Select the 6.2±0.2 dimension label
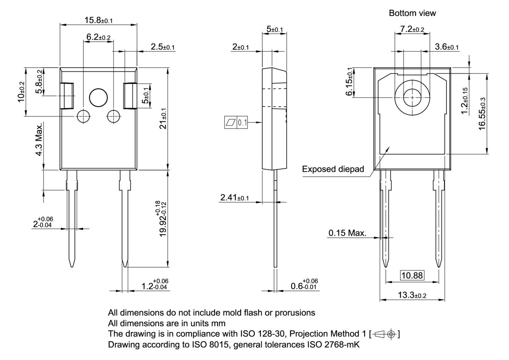pyautogui.click(x=98, y=37)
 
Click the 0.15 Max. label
pyautogui.click(x=347, y=233)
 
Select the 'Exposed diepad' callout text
pyautogui.click(x=333, y=169)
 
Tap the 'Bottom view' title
pyautogui.click(x=412, y=13)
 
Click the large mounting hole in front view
pyautogui.click(x=99, y=97)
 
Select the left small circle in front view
pyautogui.click(x=84, y=116)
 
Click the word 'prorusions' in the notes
pyautogui.click(x=297, y=313)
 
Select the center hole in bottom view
pyautogui.click(x=412, y=97)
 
